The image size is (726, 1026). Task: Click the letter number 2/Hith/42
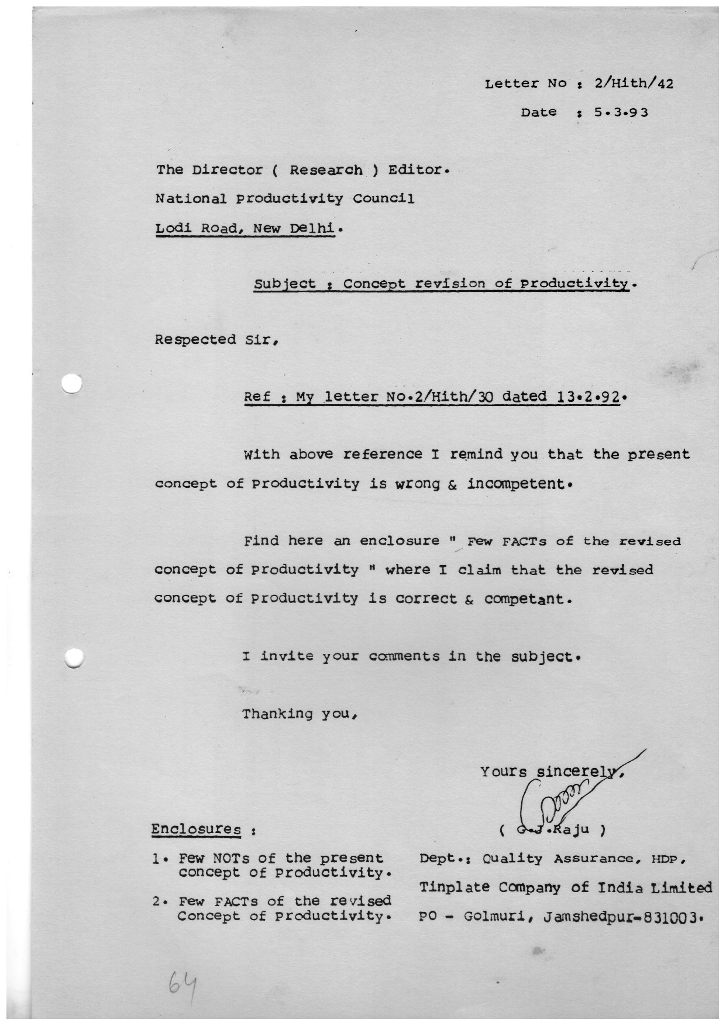634,84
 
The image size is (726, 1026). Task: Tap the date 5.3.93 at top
621,112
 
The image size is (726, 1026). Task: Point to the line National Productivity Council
284,199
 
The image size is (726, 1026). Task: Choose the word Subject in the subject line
285,284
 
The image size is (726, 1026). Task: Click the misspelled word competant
525,598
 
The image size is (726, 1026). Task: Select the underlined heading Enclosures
196,829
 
